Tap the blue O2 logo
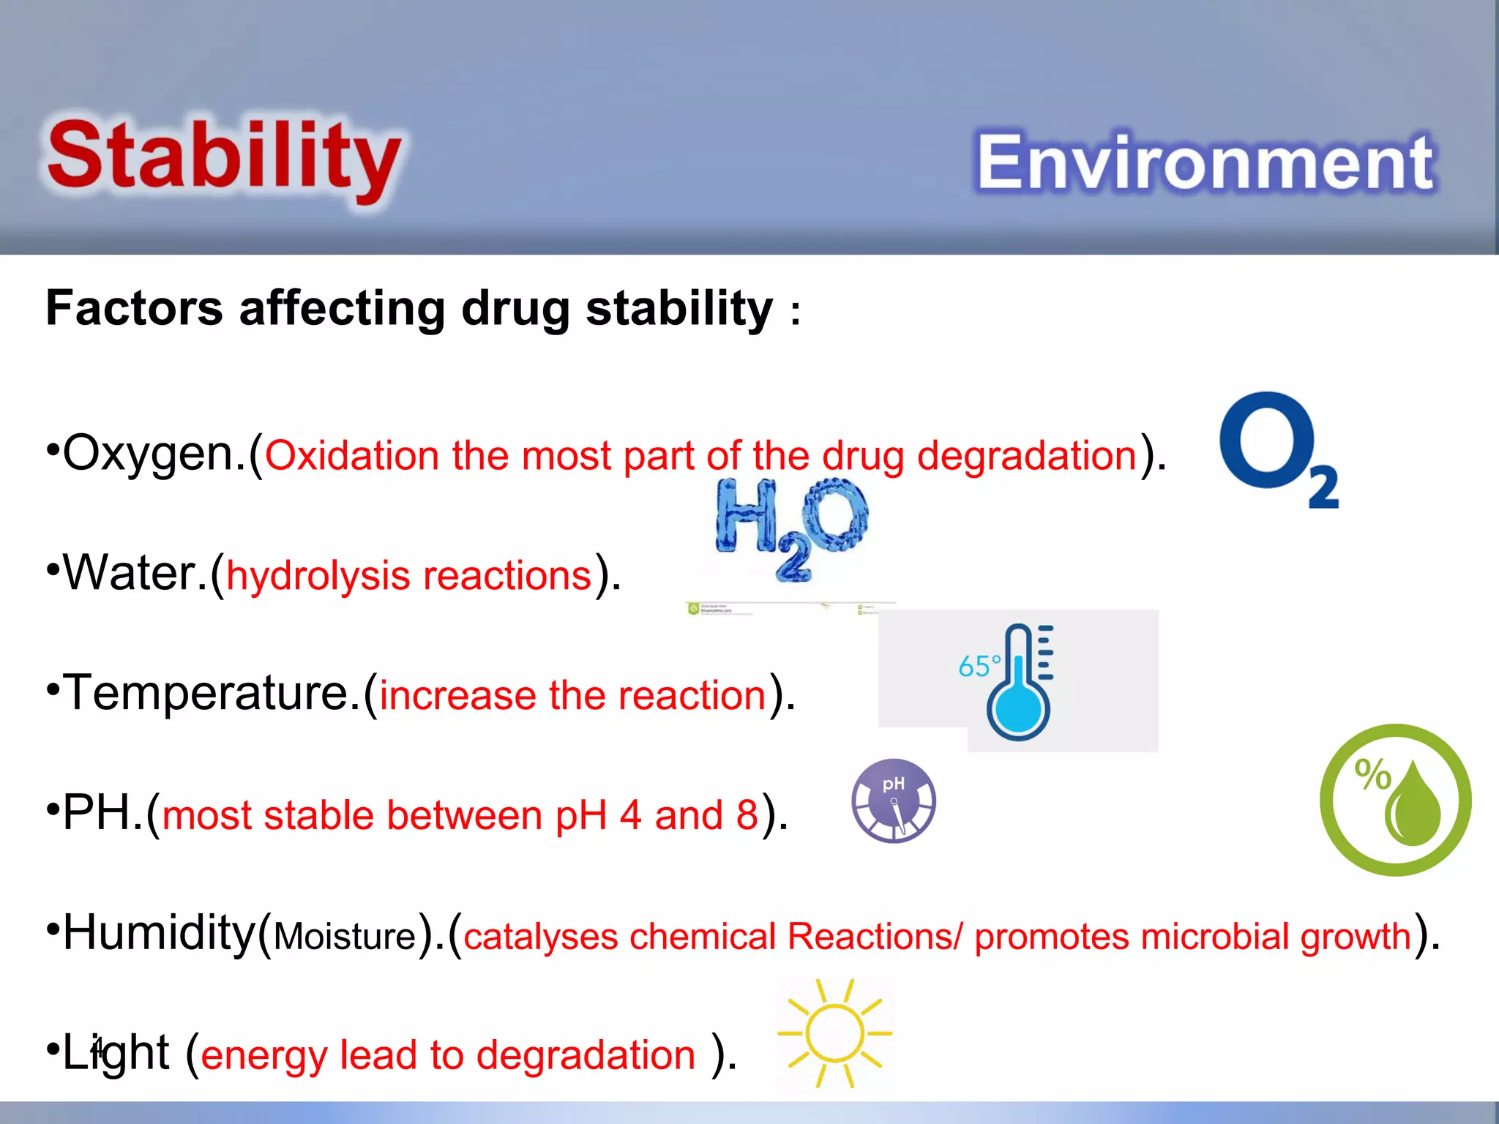pos(1277,448)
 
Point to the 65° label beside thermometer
pos(979,666)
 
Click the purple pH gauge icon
pos(894,801)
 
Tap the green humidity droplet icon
pos(1395,800)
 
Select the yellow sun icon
pos(834,1033)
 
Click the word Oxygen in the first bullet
pos(154,454)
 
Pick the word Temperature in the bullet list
pos(212,693)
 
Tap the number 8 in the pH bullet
pos(747,814)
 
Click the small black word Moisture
pos(345,937)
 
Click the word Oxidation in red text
pos(351,455)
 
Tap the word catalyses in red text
pos(540,936)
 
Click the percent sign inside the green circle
pos(1372,773)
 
